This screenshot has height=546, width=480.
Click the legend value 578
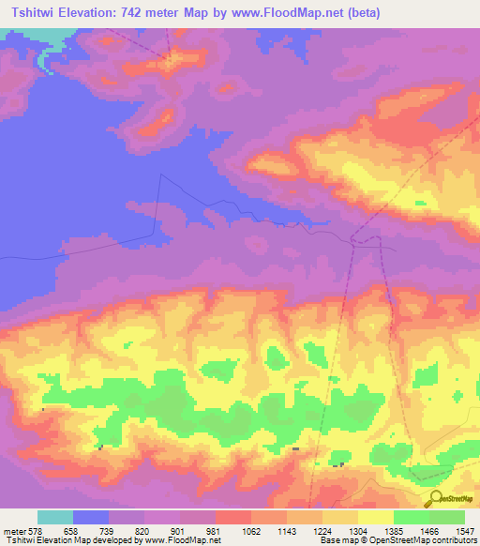coord(37,531)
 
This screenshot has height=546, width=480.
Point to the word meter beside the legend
coord(13,531)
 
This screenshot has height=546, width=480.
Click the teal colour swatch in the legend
coord(54,517)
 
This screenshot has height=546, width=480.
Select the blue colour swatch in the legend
coord(90,517)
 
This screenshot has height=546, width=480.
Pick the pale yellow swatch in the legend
coord(375,517)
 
